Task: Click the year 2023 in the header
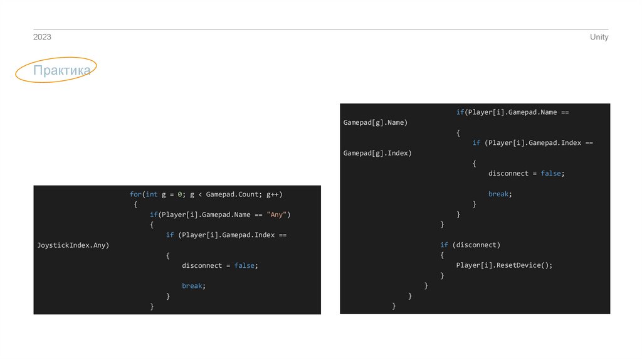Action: tap(42, 37)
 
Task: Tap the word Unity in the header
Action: tap(599, 37)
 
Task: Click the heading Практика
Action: tap(62, 70)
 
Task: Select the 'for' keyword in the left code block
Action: tap(135, 194)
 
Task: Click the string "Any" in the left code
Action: tap(276, 214)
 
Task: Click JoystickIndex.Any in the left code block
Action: tap(73, 245)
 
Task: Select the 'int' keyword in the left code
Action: tap(152, 194)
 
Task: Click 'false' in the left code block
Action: tap(245, 265)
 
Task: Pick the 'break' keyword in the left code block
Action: tap(192, 286)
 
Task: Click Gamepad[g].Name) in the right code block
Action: tap(376, 122)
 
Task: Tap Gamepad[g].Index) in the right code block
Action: tap(377, 153)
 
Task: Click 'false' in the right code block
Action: tap(550, 173)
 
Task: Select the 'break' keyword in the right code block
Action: tap(498, 194)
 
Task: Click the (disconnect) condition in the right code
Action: tap(476, 245)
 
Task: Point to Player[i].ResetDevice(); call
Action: tap(505, 265)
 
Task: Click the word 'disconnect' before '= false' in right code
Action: tap(508, 173)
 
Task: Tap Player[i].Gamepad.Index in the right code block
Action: tap(535, 143)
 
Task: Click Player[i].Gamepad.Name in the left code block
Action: tap(206, 214)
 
